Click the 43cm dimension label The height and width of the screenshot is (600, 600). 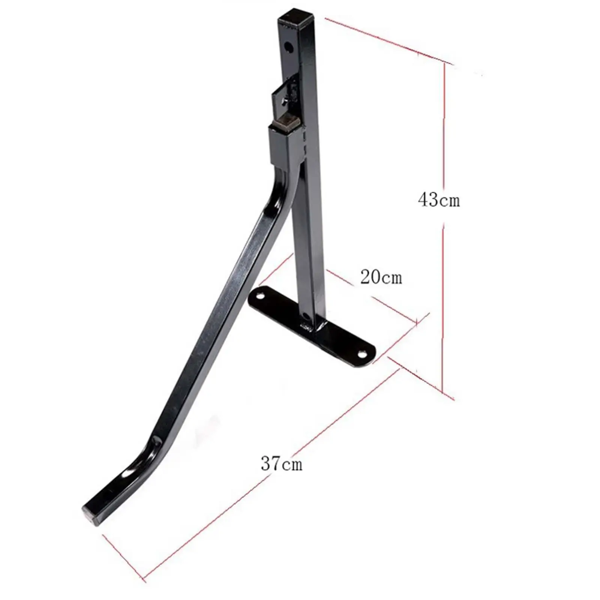(x=438, y=199)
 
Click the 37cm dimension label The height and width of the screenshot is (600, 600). (x=281, y=464)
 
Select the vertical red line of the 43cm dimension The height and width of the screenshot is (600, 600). (x=444, y=300)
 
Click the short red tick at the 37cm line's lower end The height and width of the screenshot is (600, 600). (x=124, y=559)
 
